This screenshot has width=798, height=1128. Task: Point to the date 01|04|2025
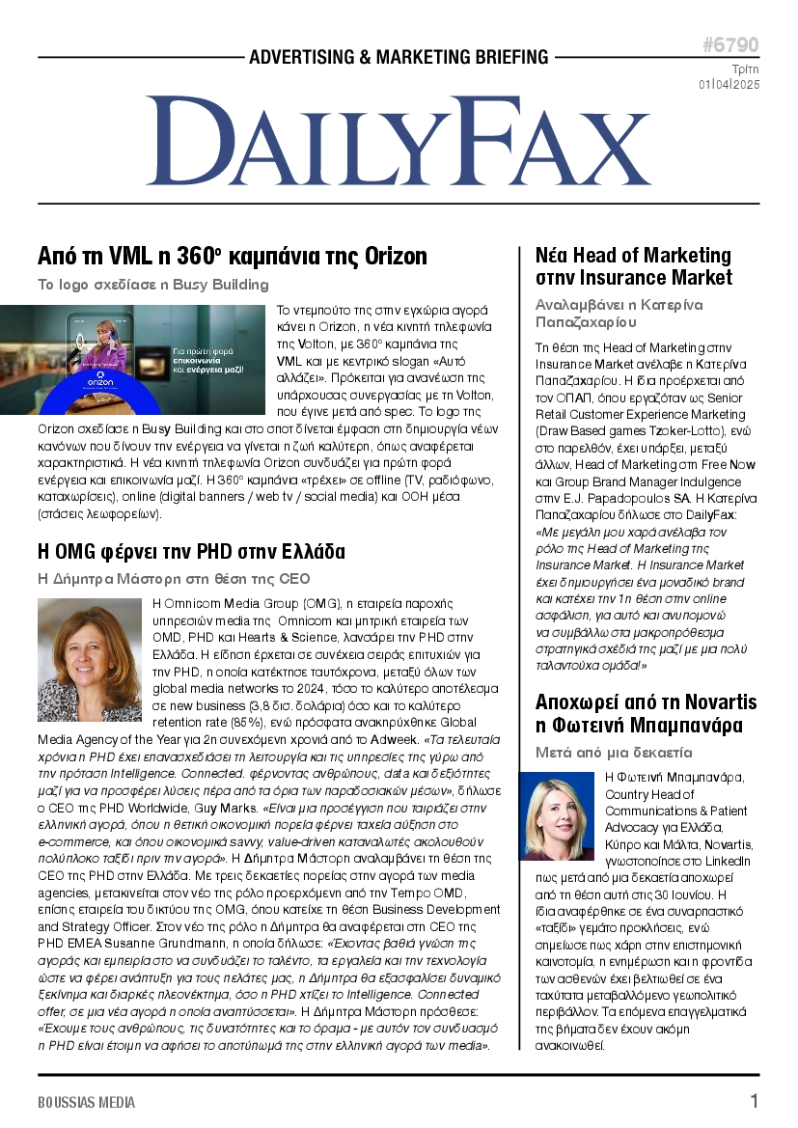[729, 85]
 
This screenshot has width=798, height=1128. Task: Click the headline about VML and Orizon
[232, 257]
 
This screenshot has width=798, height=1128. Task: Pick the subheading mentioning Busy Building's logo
[152, 285]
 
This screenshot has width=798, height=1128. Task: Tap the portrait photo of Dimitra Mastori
[90, 659]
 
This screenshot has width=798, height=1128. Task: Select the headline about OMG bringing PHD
[190, 552]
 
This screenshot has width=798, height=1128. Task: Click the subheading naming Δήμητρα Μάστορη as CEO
[174, 579]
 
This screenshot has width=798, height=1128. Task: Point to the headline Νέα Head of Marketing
[633, 266]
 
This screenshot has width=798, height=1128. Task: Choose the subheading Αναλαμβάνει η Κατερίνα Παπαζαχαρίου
[619, 314]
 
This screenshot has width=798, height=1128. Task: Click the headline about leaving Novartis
[646, 712]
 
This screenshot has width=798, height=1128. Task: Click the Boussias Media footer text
[87, 1102]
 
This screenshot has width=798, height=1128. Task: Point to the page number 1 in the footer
[754, 1101]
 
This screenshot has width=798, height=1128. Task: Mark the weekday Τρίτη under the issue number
[744, 69]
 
